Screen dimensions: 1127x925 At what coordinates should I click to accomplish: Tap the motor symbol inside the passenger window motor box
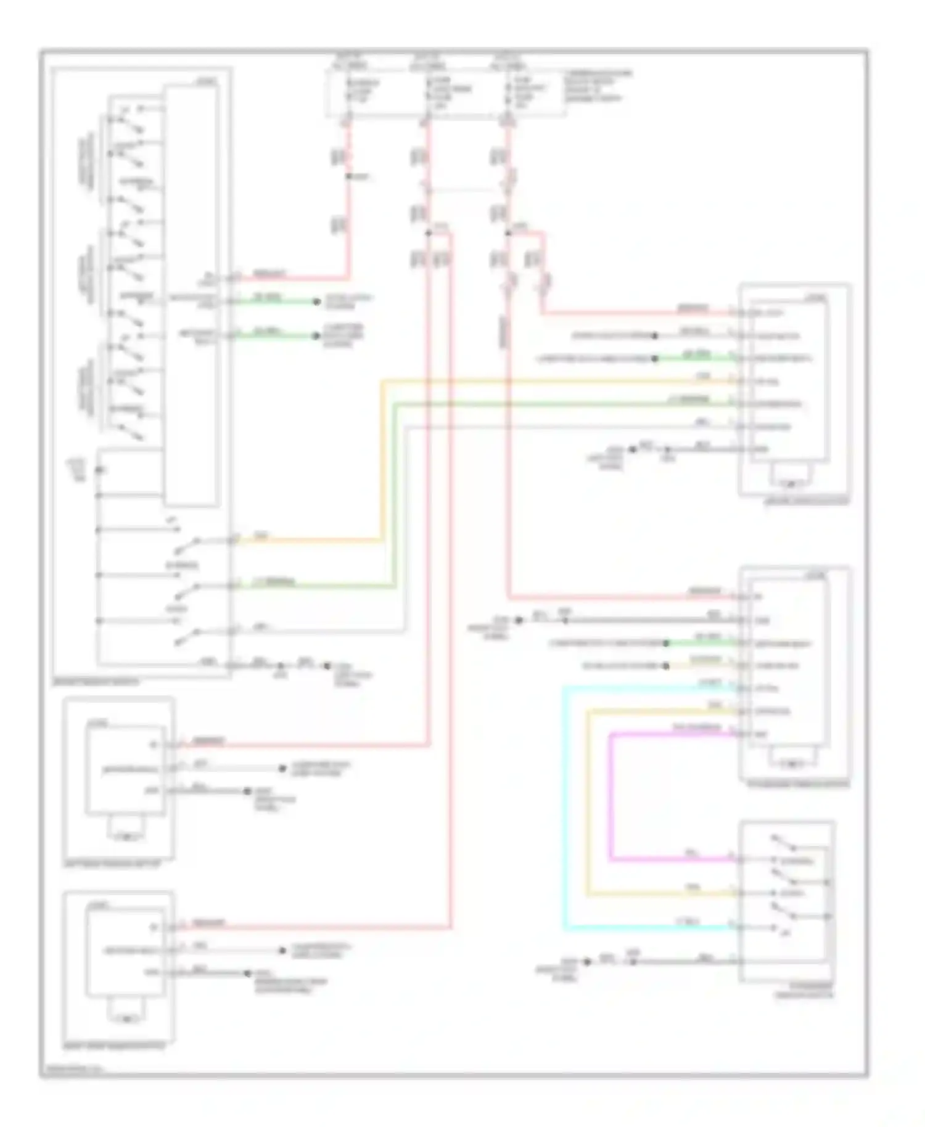pos(792,764)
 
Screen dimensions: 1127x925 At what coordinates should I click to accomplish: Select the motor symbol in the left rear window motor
pos(127,837)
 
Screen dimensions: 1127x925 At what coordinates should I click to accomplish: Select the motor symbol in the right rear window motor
pos(127,1018)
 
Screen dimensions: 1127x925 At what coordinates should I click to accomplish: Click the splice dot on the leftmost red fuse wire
pos(348,177)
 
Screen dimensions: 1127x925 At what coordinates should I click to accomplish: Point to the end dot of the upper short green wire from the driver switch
pos(316,301)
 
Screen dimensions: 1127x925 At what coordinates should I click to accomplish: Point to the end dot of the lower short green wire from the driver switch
pos(316,337)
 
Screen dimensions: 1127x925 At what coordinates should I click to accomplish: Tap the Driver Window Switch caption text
pos(96,682)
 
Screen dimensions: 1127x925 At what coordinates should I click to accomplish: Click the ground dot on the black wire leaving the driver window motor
pos(632,449)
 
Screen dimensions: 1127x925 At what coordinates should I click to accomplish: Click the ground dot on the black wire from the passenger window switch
pos(588,961)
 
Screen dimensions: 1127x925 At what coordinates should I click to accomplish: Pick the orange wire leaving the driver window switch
pos(308,541)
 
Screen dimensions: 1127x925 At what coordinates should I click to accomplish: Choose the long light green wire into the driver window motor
pos(555,404)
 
